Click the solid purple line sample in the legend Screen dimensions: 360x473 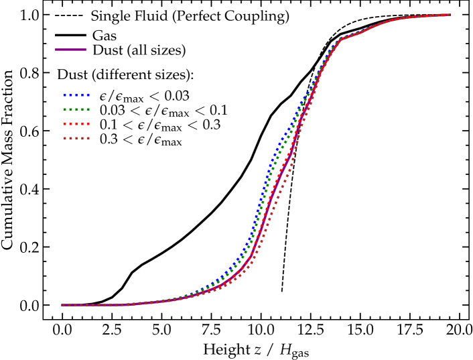coord(71,50)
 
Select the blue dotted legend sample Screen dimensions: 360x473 coord(76,95)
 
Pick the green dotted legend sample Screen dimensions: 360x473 coord(76,109)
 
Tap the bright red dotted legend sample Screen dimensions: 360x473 coord(76,124)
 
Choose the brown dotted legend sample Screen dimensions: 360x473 coord(76,138)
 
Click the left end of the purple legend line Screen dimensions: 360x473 coord(56,50)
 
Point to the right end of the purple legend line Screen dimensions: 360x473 coord(86,50)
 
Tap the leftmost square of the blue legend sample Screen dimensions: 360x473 coord(65,95)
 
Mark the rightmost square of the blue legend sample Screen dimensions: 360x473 coord(88,95)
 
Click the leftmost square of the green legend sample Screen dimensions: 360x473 coord(65,109)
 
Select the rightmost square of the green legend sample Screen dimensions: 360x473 coord(88,109)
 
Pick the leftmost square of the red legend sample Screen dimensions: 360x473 coord(65,124)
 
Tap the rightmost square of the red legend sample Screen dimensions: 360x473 coord(88,124)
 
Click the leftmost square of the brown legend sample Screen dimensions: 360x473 coord(65,138)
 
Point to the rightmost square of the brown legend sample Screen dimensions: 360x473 coord(88,138)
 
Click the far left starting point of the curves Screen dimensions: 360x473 coord(63,305)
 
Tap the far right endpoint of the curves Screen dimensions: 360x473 coord(449,15)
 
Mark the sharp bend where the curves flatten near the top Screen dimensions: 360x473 coord(340,39)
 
